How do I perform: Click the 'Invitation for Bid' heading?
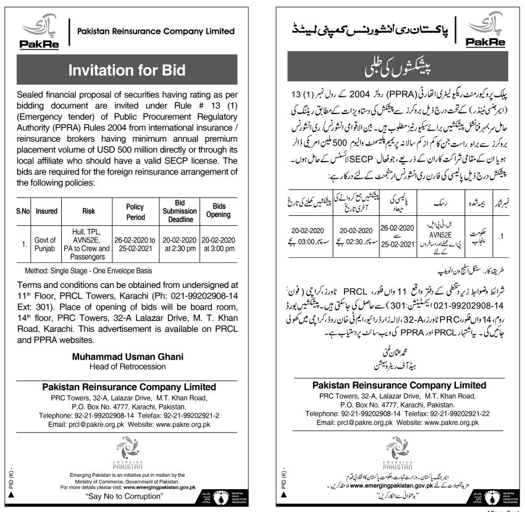[127, 70]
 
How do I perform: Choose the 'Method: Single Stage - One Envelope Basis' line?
[88, 271]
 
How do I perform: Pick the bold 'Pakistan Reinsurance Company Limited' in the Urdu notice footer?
[398, 385]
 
